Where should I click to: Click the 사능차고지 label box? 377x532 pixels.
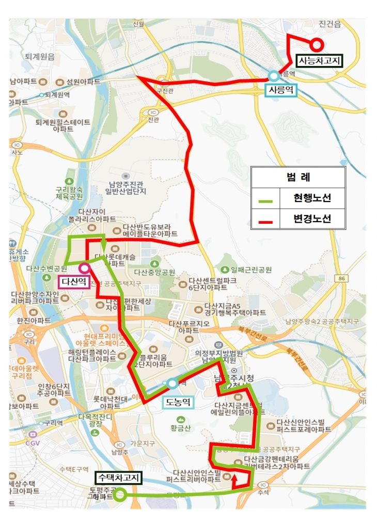[320, 61]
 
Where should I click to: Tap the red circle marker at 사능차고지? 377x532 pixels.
[317, 45]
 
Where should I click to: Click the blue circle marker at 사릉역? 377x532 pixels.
[273, 76]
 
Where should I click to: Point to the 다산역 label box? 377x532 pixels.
[74, 281]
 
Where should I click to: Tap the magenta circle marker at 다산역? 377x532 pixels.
[83, 268]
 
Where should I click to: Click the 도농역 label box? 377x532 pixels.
[178, 402]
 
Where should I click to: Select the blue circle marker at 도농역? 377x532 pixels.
[171, 383]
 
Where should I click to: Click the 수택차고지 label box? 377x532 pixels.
[118, 478]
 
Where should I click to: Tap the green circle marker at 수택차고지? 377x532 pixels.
[120, 495]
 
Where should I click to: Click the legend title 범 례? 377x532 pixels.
[298, 177]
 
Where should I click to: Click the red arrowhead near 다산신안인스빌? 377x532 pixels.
[235, 477]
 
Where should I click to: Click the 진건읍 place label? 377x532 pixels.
[331, 24]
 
